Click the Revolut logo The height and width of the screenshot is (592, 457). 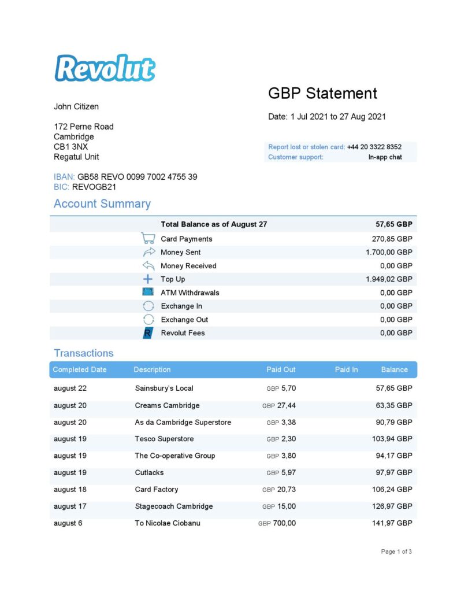coord(105,68)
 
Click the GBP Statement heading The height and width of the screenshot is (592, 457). coord(322,94)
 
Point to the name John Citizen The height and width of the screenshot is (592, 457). coord(76,106)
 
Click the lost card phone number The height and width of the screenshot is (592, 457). coord(374,147)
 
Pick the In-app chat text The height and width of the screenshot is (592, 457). coord(385,157)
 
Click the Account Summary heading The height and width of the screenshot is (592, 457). coord(102,203)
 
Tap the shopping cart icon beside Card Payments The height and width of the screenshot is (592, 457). coord(148,238)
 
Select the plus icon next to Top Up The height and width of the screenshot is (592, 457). coord(148,279)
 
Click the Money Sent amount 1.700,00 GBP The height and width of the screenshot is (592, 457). coord(389,252)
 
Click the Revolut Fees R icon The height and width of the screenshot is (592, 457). coord(148,333)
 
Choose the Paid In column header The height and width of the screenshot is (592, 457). coord(346,369)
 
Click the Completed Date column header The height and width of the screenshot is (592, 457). coord(80,369)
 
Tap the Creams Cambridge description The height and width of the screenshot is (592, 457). coord(167,405)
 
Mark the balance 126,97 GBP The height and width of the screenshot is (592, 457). coord(392,506)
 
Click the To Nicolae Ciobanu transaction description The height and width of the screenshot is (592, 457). coord(168,523)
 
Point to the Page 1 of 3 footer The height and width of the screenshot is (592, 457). coord(396,552)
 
